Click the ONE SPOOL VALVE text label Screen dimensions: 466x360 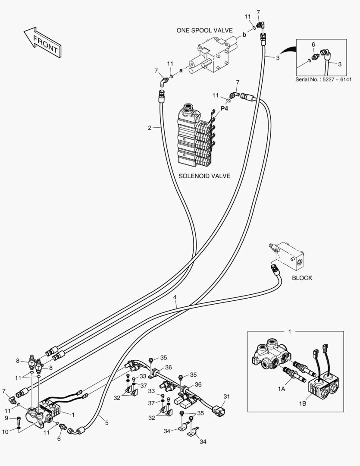(x=204, y=31)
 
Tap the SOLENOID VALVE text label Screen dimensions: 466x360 (x=204, y=176)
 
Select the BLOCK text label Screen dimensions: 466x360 (x=302, y=278)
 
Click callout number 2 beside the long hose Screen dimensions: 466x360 (x=149, y=128)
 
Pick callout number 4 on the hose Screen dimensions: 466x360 (x=175, y=297)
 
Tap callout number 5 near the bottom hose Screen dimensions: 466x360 (x=106, y=423)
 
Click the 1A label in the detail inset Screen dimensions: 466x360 (x=282, y=389)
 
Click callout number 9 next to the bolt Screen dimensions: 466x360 (x=6, y=418)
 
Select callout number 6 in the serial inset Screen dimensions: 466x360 (x=313, y=44)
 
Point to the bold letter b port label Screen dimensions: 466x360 (x=244, y=35)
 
